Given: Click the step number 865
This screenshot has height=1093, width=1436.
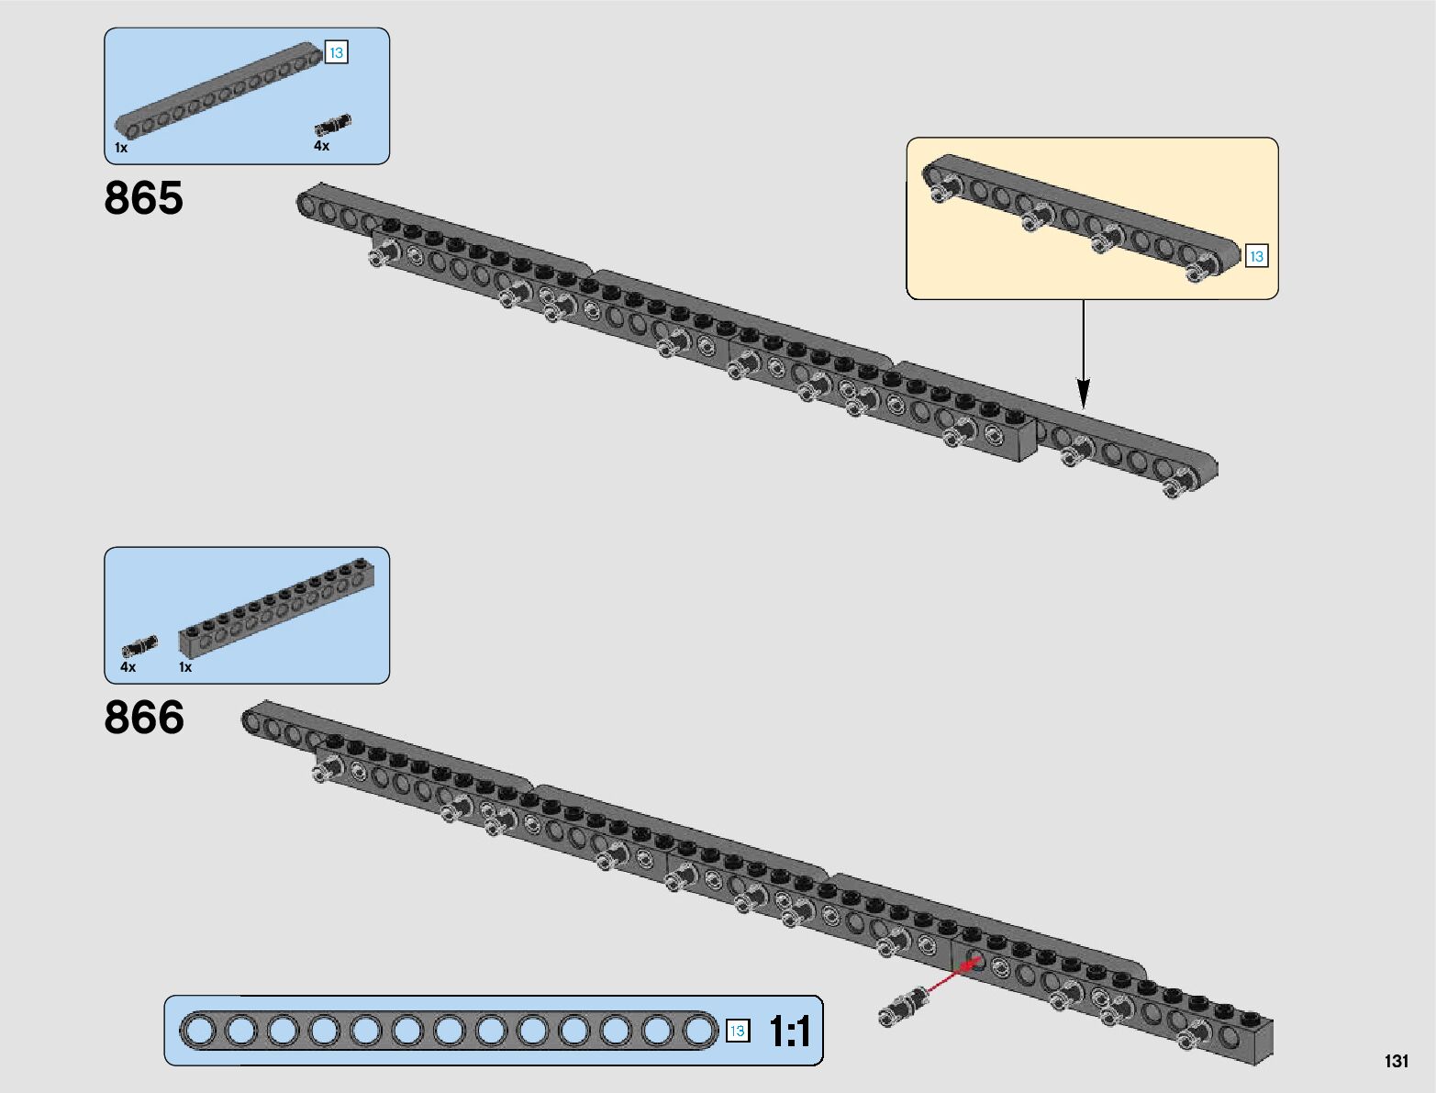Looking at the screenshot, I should pyautogui.click(x=143, y=198).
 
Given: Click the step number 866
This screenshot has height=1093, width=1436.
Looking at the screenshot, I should pyautogui.click(x=144, y=718).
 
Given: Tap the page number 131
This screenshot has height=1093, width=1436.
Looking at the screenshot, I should pyautogui.click(x=1396, y=1061).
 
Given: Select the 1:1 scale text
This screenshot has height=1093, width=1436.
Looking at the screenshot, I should pyautogui.click(x=789, y=1032).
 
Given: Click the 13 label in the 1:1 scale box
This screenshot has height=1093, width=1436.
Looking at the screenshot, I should pyautogui.click(x=737, y=1031).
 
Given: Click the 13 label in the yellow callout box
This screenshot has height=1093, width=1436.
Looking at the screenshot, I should pyautogui.click(x=1256, y=257).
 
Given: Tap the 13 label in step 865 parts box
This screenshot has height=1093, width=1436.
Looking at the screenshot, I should pyautogui.click(x=336, y=53).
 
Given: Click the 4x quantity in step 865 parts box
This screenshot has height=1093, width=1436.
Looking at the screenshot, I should pyautogui.click(x=321, y=146).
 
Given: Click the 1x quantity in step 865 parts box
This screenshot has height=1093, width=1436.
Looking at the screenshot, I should pyautogui.click(x=121, y=148).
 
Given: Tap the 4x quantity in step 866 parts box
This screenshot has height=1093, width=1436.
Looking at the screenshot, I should pyautogui.click(x=128, y=667).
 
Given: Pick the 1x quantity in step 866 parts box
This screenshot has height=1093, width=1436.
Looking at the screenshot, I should pyautogui.click(x=185, y=667).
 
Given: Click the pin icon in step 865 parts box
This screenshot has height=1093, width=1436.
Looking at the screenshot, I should pyautogui.click(x=332, y=125).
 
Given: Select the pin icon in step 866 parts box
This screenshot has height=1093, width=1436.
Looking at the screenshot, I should pyautogui.click(x=139, y=646).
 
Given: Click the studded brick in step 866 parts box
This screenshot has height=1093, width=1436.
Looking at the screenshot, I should pyautogui.click(x=276, y=606).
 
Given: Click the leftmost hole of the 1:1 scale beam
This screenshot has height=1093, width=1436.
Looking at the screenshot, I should pyautogui.click(x=198, y=1031).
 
